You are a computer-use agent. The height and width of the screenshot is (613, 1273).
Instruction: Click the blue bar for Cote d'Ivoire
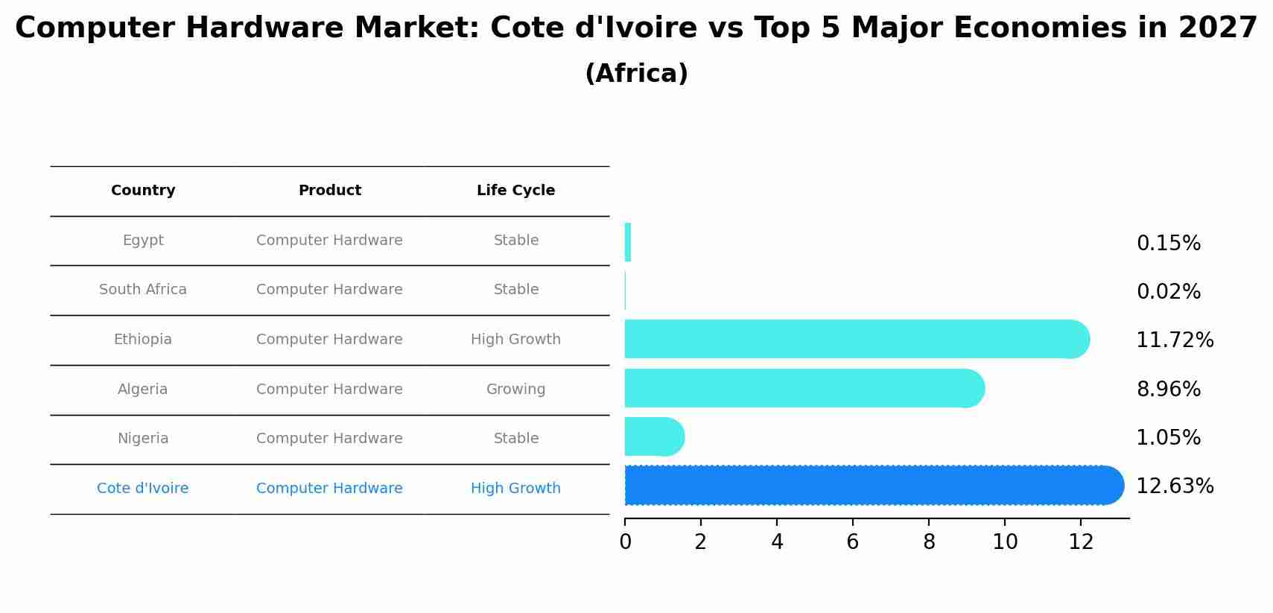click(x=872, y=486)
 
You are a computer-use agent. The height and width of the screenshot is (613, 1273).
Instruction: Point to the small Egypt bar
click(x=628, y=242)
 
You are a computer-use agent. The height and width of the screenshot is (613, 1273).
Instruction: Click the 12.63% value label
click(x=1175, y=486)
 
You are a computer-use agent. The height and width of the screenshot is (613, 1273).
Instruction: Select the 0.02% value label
click(x=1168, y=292)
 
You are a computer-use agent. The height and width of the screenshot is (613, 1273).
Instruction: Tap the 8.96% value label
click(x=1168, y=390)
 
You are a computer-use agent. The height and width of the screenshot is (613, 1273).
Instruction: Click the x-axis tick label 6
click(x=853, y=542)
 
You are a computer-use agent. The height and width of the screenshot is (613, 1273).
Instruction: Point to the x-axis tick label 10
click(x=1005, y=542)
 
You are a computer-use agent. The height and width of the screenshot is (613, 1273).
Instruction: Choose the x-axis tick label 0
click(x=625, y=542)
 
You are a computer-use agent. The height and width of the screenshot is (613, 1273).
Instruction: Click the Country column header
click(x=143, y=191)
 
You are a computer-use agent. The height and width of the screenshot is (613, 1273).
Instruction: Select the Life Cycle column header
click(x=515, y=191)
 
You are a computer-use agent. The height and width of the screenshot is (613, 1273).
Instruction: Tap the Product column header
click(x=329, y=191)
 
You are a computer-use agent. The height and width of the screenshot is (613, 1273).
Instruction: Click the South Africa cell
click(x=143, y=290)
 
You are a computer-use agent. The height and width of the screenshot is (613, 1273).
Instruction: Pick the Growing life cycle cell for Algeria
click(x=515, y=390)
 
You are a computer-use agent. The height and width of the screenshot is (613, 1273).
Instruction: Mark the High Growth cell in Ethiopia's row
click(x=515, y=340)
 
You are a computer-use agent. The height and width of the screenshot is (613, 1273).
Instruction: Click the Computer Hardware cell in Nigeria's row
click(x=329, y=439)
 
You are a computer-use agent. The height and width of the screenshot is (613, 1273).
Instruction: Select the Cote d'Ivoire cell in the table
click(x=143, y=489)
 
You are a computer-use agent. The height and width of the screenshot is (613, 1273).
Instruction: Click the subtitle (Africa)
click(x=636, y=74)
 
